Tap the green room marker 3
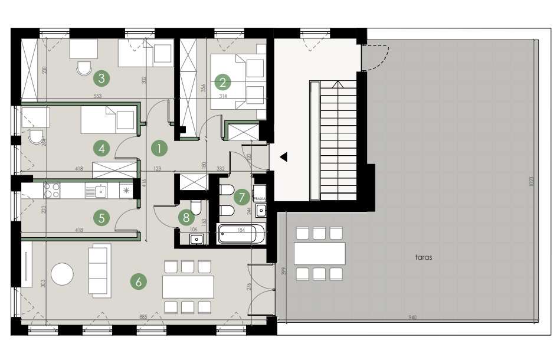(x=103, y=77)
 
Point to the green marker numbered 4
(x=102, y=148)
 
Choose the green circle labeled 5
(x=102, y=218)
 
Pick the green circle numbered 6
(x=138, y=282)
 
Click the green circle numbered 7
(x=240, y=196)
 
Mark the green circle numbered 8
(x=186, y=217)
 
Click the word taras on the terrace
(x=416, y=257)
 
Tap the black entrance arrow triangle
(x=284, y=157)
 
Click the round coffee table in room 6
(x=62, y=274)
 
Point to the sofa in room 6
(x=99, y=270)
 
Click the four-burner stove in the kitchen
(x=52, y=190)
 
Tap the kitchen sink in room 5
(x=97, y=191)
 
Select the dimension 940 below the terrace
(x=412, y=318)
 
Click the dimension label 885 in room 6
(x=143, y=318)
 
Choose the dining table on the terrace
(x=319, y=254)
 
